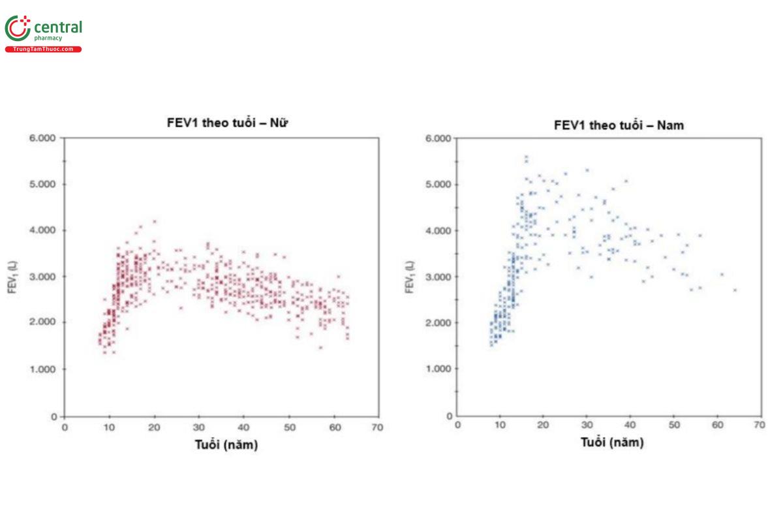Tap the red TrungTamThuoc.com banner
click(43, 50)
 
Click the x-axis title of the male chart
click(612, 442)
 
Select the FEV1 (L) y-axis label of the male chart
click(409, 277)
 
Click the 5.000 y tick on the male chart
click(438, 185)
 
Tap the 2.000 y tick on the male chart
click(438, 323)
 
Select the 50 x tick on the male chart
click(673, 425)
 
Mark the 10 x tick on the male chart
click(500, 425)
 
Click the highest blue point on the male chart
click(526, 157)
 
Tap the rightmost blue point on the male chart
click(735, 290)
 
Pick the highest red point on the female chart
click(155, 222)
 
